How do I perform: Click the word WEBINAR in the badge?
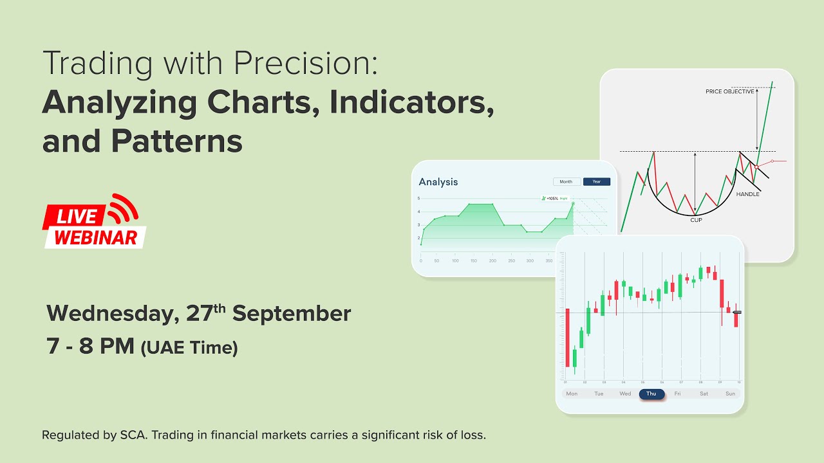(96, 237)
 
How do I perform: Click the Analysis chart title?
(438, 182)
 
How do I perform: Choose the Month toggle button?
(566, 182)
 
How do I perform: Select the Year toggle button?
(596, 182)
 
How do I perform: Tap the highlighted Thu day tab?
(651, 394)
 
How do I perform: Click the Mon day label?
(572, 394)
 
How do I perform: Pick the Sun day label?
(730, 394)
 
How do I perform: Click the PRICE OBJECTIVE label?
(729, 92)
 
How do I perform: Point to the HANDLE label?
(747, 194)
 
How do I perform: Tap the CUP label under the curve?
(696, 220)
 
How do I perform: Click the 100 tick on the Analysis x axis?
(456, 261)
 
